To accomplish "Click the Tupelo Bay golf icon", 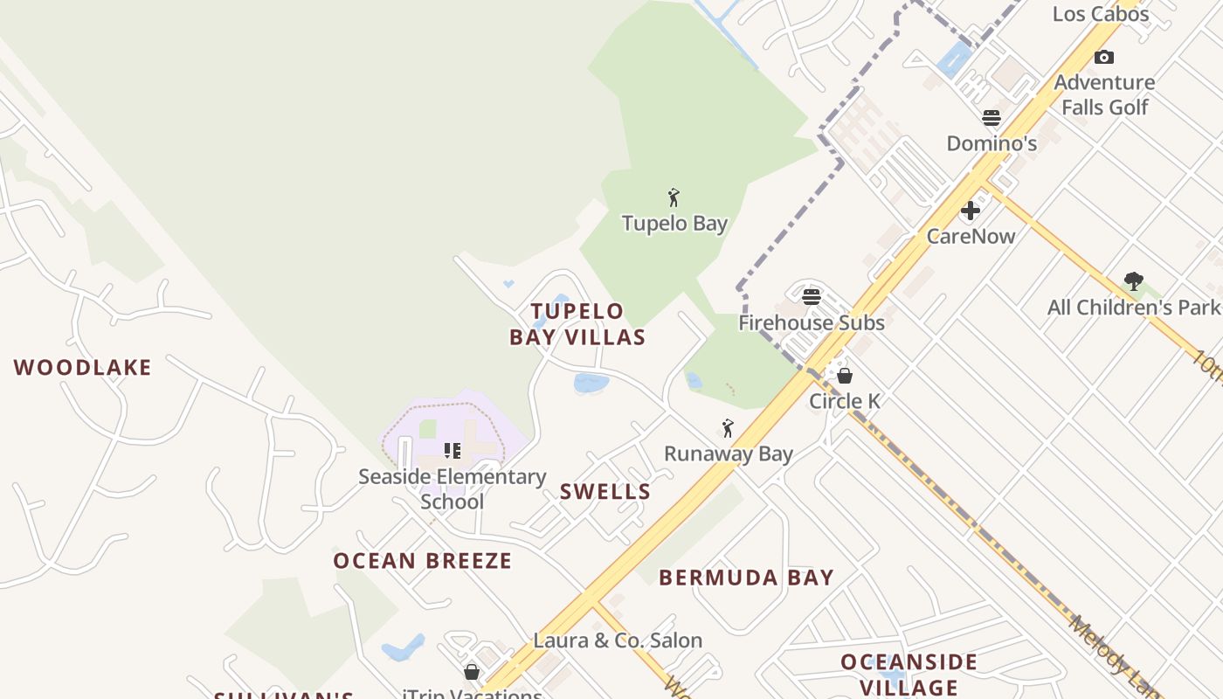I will point(674,197).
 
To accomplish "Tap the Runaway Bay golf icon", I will point(728,428).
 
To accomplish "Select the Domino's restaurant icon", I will point(992,118).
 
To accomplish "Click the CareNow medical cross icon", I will point(971,211).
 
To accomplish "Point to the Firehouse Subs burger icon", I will point(812,297).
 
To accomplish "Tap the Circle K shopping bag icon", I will point(845,376).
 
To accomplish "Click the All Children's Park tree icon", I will point(1134,281).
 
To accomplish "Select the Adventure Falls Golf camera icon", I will point(1104,58).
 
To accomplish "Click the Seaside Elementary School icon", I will point(453,451).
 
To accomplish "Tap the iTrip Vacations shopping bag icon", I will point(472,672).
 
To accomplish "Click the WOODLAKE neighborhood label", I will point(83,368).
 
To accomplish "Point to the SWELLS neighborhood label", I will point(605,492).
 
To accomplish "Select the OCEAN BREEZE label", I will point(423,561).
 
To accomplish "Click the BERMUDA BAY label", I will point(746,578).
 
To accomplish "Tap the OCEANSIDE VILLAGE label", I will point(909,675).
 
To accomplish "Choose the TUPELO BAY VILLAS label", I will point(577,324).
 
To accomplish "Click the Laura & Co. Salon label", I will point(618,640).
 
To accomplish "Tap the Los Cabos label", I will point(1100,14).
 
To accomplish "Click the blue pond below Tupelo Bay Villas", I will point(591,383).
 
